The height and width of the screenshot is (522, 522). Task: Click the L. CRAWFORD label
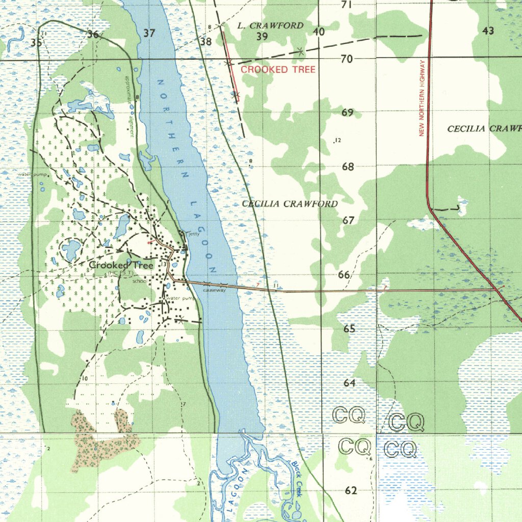(270, 25)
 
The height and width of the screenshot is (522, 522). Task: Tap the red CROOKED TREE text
(278, 69)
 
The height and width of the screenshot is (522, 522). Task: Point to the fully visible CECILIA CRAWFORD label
(290, 204)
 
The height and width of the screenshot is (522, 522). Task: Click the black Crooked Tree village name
(121, 265)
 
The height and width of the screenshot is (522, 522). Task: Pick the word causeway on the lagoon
(214, 290)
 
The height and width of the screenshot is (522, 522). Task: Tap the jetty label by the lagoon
(194, 234)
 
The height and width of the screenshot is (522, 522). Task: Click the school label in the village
(139, 281)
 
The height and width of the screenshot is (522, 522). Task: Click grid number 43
(488, 31)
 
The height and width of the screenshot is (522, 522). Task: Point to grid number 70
(347, 59)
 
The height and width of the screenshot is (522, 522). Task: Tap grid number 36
(93, 35)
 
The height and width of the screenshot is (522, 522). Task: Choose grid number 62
(351, 491)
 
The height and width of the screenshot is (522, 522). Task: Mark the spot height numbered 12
(337, 141)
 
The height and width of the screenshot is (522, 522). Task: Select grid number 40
(319, 32)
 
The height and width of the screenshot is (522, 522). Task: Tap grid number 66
(344, 275)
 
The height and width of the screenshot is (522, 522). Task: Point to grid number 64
(349, 383)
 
